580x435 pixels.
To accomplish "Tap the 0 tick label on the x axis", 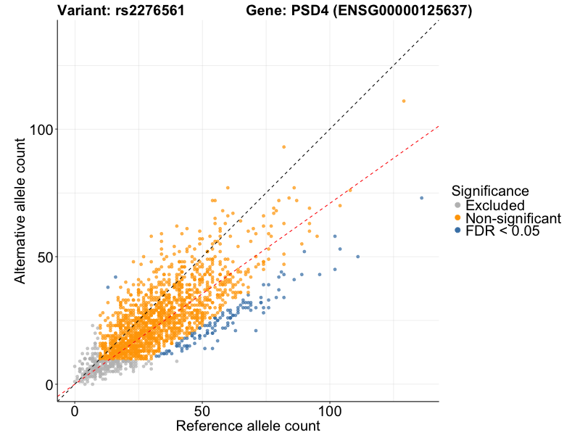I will coord(75,410).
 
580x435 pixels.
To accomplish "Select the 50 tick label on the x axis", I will coord(202,410).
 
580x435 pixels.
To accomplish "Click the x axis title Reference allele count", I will coord(248,426).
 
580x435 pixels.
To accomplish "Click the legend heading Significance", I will coord(490,191).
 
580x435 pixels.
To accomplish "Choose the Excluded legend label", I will coord(495,206).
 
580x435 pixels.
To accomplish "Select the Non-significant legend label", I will coord(513,218).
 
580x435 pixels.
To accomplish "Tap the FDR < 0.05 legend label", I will coord(502,231).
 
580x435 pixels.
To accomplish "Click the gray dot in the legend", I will coord(457,206).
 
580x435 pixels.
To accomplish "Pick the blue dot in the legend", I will coord(457,231).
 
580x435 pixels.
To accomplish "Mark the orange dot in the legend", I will coord(457,218).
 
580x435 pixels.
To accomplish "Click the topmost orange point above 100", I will coord(404,101).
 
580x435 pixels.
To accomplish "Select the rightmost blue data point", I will coord(421,198).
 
